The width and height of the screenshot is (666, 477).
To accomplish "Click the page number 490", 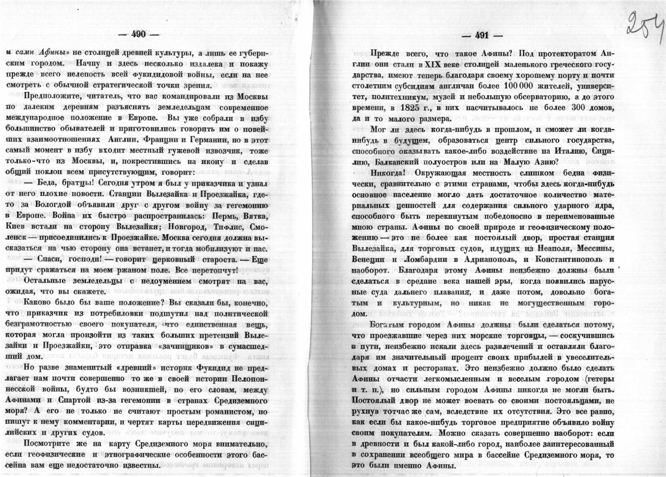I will point(139,34).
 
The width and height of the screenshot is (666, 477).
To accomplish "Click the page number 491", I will point(482,36).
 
